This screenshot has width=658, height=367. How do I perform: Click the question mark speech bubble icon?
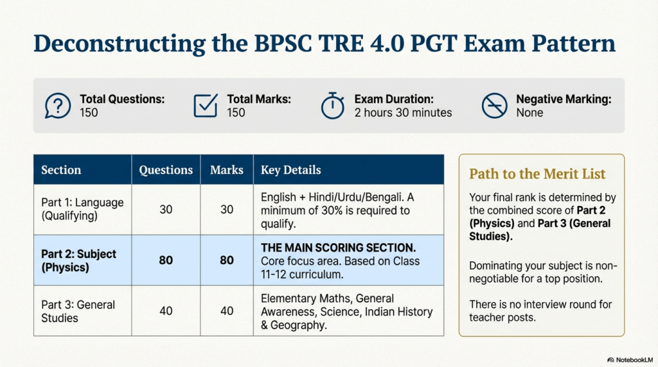[58, 106]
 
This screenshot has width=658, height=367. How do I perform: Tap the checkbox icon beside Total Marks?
[206, 106]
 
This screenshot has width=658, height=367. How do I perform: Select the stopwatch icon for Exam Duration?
[333, 106]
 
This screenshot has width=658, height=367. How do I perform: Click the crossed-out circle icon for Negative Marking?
[494, 106]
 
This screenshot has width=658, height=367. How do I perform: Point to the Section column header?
[61, 170]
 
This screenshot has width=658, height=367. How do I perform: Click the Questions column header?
[166, 170]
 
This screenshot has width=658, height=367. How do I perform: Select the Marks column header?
[227, 170]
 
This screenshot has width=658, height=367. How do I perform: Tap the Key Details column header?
[290, 170]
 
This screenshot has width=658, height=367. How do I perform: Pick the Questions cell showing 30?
[166, 209]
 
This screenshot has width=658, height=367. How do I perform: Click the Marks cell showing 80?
[227, 260]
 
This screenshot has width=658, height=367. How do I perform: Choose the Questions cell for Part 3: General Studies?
[166, 311]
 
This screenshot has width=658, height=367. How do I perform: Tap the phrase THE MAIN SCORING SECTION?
[338, 248]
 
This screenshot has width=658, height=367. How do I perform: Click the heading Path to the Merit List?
[537, 174]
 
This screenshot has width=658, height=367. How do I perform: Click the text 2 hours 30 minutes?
[403, 113]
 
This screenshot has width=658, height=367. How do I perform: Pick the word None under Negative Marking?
[529, 113]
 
